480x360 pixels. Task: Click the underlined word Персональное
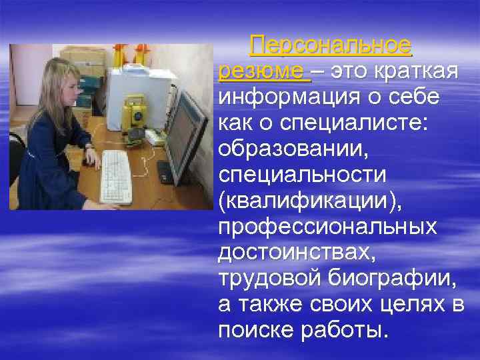tap(331, 45)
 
